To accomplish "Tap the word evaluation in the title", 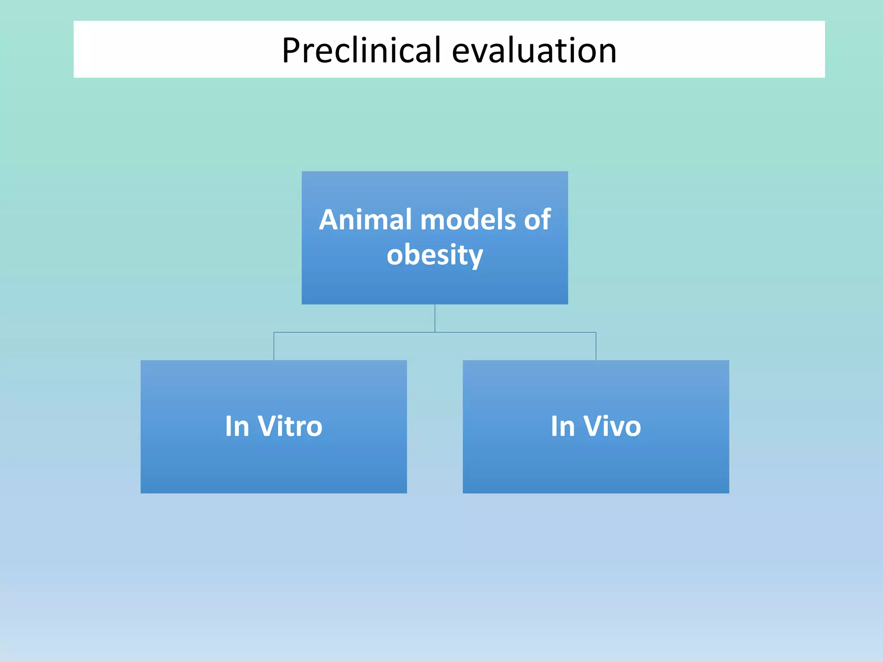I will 534,50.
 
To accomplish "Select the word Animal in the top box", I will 366,220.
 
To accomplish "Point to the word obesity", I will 435,255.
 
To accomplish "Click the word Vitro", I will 290,426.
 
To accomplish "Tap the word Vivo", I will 612,426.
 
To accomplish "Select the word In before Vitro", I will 237,426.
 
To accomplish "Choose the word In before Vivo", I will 563,426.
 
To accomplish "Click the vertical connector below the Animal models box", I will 435,318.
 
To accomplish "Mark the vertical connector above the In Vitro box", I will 274,346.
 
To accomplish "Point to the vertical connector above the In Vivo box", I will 596,346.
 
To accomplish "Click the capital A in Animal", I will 331,220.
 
